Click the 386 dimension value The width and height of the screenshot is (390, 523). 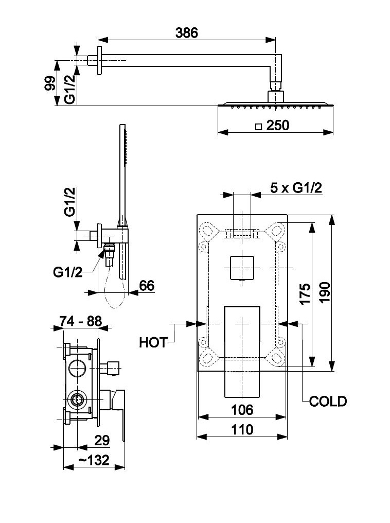(186, 32)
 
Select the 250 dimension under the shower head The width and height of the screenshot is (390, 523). (278, 125)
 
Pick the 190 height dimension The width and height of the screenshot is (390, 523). (325, 294)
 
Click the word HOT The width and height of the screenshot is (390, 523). (153, 342)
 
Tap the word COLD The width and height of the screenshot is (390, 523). (328, 401)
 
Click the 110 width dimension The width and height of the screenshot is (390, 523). (242, 429)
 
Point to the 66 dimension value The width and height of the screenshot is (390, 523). (147, 286)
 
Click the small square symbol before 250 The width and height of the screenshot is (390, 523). (259, 126)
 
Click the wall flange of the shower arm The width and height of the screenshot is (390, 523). (99, 61)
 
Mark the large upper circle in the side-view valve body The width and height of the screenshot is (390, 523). (77, 368)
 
